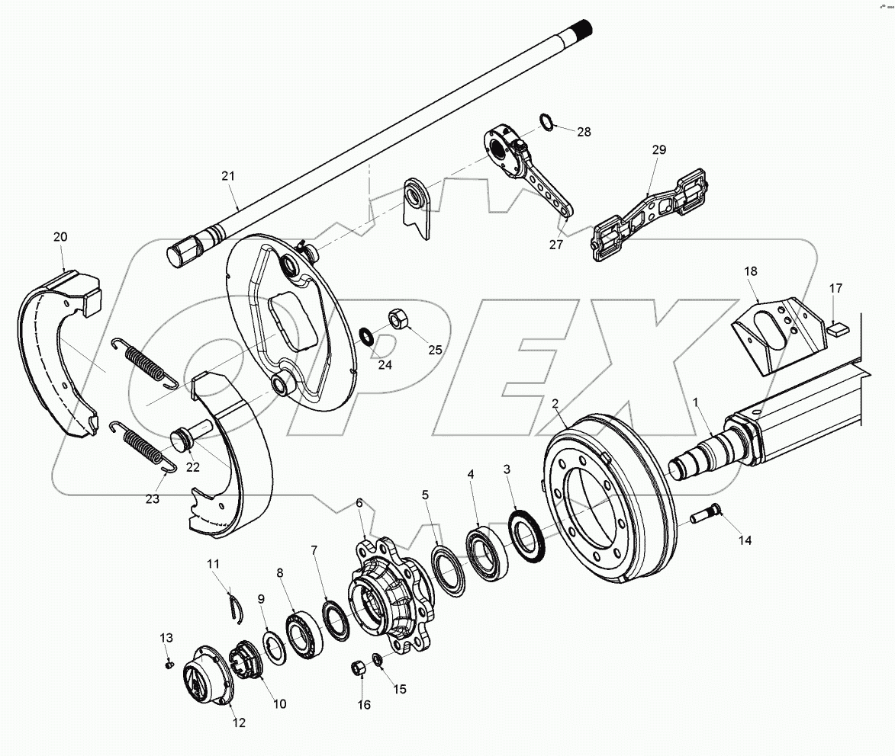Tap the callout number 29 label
point(658,150)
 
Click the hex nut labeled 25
point(398,319)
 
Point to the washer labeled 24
point(367,335)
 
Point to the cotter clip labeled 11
point(237,606)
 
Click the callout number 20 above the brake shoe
point(60,237)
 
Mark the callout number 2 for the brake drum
point(555,403)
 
